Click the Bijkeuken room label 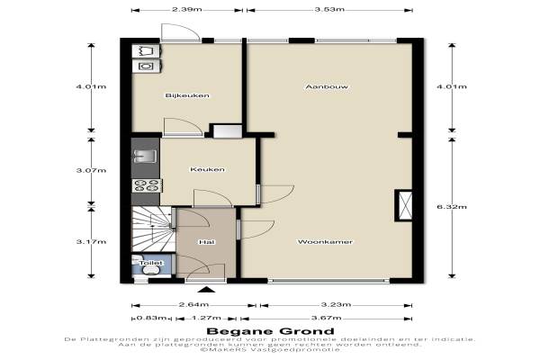[187, 95]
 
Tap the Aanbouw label [327, 86]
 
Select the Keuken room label [207, 169]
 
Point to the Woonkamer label [325, 242]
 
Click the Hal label [207, 242]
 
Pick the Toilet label [151, 263]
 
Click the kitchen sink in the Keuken [145, 157]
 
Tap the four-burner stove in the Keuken [147, 185]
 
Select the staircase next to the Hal [152, 229]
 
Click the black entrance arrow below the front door [207, 289]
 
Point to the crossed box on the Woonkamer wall [403, 205]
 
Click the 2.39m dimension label [186, 9]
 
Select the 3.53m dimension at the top [329, 9]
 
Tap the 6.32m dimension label [452, 207]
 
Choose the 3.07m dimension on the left [91, 170]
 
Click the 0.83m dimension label [152, 318]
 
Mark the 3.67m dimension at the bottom [326, 318]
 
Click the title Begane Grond [270, 331]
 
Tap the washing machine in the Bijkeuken [146, 66]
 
